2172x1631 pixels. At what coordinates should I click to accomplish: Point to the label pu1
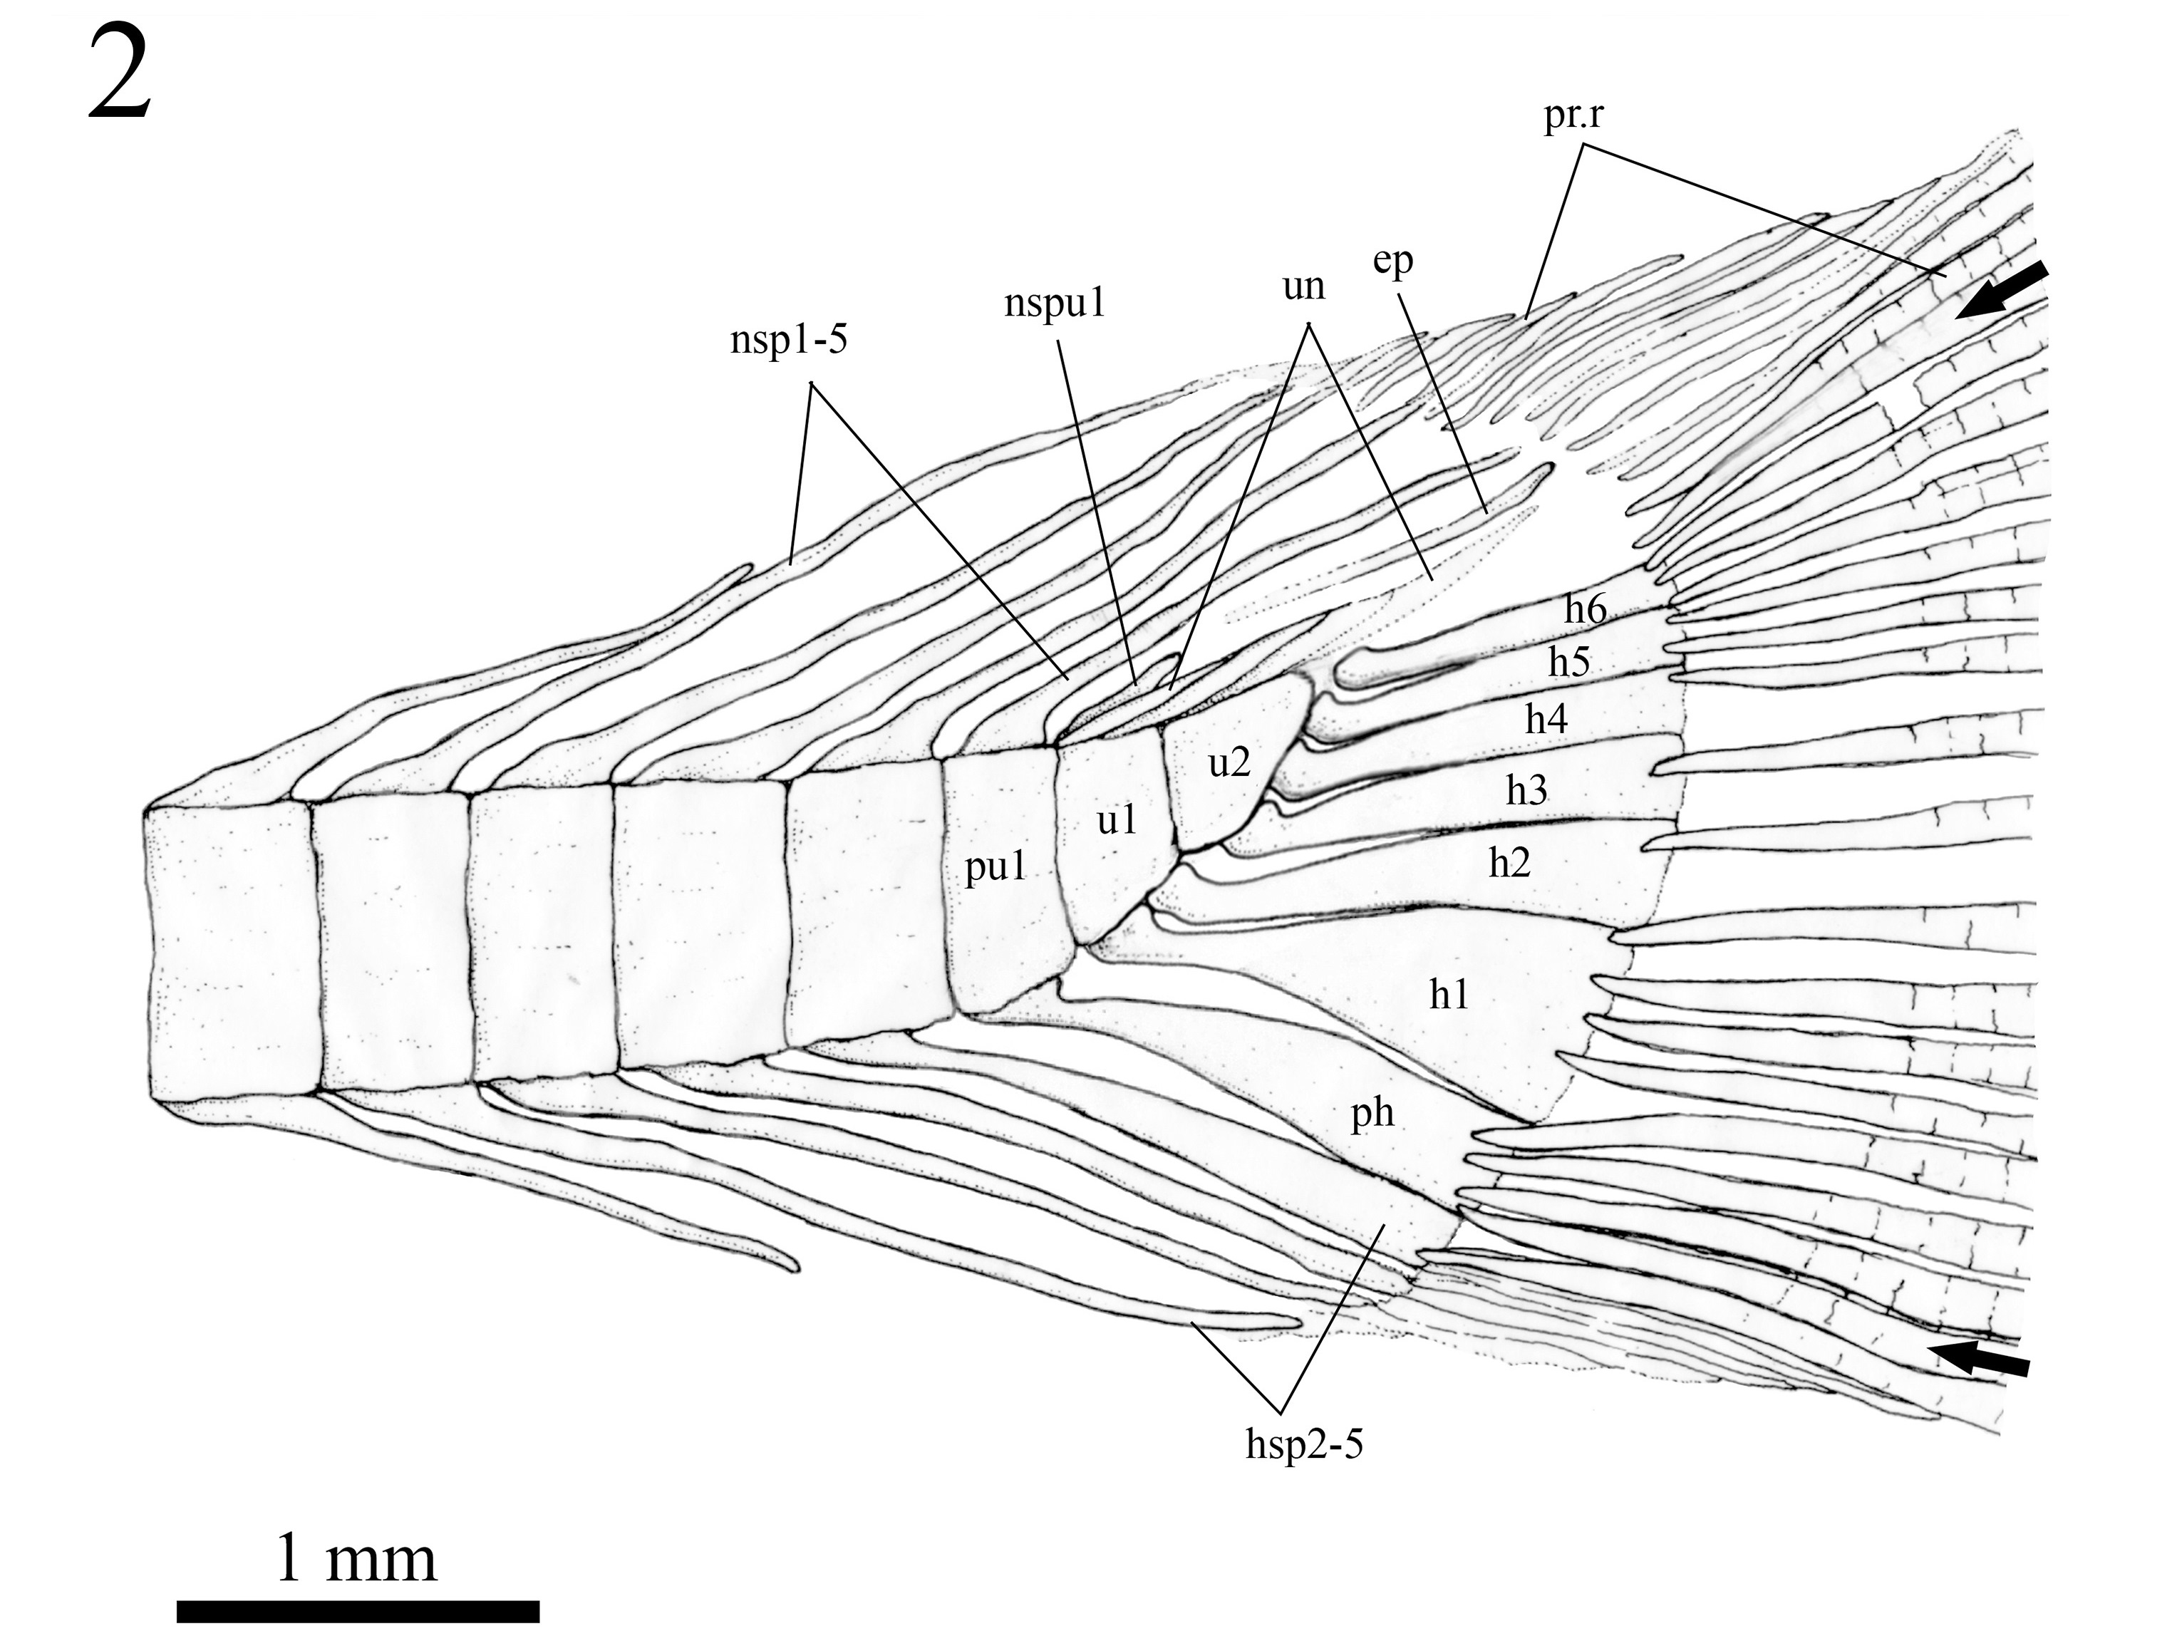(995, 868)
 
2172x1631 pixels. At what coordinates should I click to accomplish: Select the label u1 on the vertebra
(1117, 819)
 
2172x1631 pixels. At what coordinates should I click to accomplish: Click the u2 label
(1229, 761)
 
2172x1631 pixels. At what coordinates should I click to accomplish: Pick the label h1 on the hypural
(1448, 995)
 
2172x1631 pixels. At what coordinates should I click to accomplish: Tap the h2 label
(1509, 862)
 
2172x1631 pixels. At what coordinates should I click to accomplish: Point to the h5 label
(1568, 662)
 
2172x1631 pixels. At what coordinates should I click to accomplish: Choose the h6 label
(1585, 610)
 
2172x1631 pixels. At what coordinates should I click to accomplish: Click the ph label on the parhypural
(1372, 1114)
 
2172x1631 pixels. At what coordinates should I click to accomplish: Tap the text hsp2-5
(1304, 1444)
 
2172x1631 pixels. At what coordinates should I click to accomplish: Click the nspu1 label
(1055, 304)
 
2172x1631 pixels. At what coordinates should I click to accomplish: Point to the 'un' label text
(1303, 286)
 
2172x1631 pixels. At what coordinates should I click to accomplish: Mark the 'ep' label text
(1392, 262)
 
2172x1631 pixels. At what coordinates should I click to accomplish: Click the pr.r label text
(1573, 118)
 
